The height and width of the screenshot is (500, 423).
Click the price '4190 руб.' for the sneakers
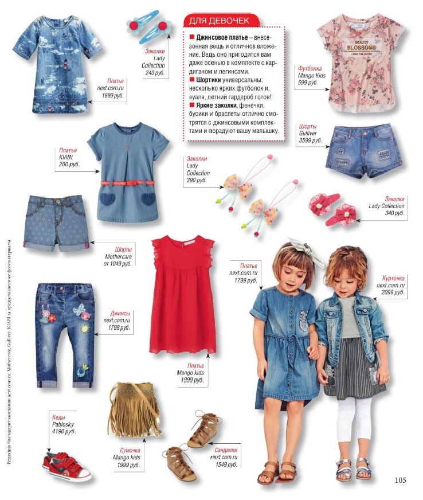point(63,431)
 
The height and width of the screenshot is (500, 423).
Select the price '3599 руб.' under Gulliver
point(310,140)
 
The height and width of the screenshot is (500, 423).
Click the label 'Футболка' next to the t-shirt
point(310,68)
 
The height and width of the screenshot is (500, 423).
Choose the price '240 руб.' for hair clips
point(154,73)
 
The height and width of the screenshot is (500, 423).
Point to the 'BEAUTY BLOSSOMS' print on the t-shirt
point(361,46)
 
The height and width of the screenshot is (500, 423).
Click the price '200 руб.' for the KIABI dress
point(68,164)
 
